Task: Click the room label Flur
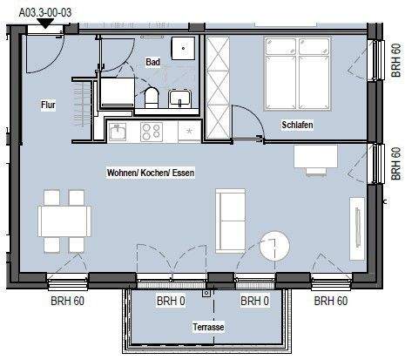[x=48, y=105]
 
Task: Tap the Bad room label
[x=152, y=62]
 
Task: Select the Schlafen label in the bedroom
[x=297, y=125]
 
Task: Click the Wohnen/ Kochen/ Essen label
[x=151, y=173]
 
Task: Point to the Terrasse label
[x=208, y=327]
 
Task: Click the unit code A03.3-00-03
[x=45, y=12]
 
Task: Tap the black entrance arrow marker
[x=45, y=24]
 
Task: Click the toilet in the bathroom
[x=152, y=98]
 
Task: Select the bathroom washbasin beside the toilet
[x=179, y=98]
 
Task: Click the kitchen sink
[x=118, y=132]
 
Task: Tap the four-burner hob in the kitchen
[x=152, y=132]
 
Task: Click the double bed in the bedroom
[x=298, y=73]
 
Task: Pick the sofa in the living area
[x=231, y=221]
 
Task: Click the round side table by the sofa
[x=274, y=246]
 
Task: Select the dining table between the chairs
[x=64, y=221]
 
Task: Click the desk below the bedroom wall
[x=315, y=157]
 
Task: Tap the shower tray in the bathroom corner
[x=183, y=48]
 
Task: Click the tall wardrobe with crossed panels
[x=218, y=87]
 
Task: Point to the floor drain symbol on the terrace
[x=206, y=293]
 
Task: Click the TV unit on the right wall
[x=357, y=228]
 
